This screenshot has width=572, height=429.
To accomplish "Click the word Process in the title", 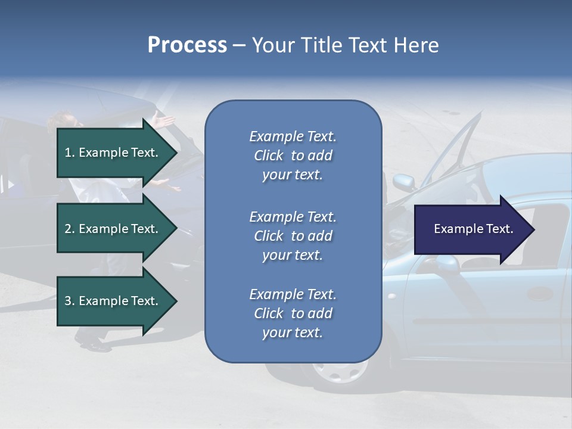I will (187, 45).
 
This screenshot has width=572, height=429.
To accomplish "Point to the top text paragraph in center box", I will (293, 156).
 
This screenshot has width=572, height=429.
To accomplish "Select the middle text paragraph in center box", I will (293, 236).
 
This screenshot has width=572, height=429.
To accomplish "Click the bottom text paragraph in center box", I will (293, 313).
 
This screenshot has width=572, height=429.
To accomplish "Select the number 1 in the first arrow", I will (68, 153).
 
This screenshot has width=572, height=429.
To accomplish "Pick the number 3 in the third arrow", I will (68, 301).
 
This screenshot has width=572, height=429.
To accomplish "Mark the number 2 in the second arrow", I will (68, 229).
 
